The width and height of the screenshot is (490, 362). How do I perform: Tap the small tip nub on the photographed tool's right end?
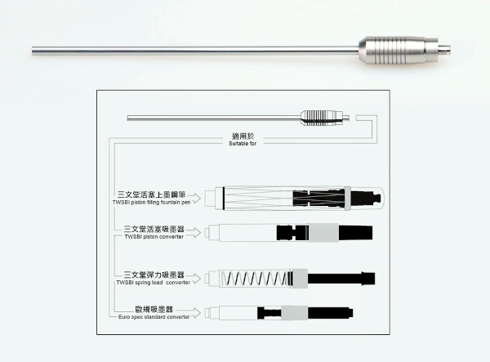point(444,49)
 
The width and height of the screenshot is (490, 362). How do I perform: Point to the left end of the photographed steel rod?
point(33,51)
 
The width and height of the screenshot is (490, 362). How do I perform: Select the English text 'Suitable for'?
point(243,144)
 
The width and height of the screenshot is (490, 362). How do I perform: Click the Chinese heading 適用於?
point(243,136)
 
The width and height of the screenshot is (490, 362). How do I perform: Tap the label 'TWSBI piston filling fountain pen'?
point(152,203)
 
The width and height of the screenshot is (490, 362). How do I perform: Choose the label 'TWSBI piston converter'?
point(154,237)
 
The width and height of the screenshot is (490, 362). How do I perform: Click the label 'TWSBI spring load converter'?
point(154,282)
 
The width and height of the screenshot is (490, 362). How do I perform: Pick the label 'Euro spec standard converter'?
point(154,317)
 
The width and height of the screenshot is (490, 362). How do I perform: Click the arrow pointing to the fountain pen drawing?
point(194,199)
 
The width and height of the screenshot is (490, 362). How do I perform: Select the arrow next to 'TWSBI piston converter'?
point(194,232)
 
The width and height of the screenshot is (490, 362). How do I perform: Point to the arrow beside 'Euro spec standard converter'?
point(194,313)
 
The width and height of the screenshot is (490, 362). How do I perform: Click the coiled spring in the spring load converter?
point(255,278)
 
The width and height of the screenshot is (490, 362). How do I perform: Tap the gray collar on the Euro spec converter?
point(294,313)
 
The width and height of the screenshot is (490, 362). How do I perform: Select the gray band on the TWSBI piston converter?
point(323,233)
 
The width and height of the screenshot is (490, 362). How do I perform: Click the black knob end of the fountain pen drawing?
point(366,199)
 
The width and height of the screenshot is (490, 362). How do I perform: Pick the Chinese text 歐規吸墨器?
point(154,310)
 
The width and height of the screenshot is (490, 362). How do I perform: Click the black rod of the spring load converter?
point(341,278)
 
